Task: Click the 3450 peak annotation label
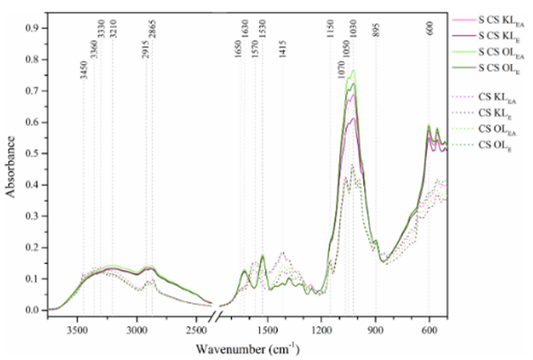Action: (x=84, y=69)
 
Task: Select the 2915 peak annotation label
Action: (x=146, y=50)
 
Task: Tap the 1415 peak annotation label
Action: (x=282, y=50)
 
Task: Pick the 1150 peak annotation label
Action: (x=330, y=30)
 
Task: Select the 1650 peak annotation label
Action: (x=238, y=50)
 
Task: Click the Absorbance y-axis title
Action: (x=11, y=168)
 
